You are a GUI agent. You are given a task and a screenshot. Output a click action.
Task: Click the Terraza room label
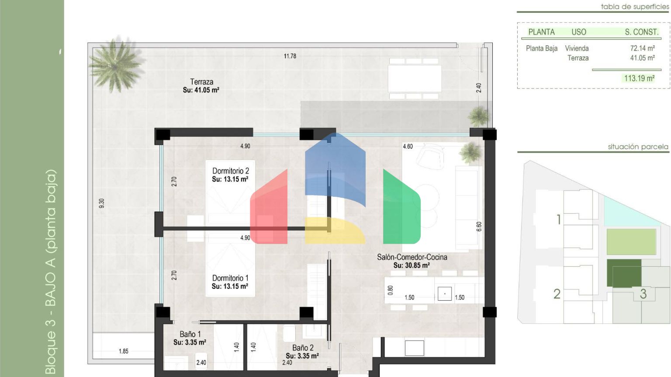point(201,82)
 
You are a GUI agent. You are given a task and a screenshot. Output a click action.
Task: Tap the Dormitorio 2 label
point(231,171)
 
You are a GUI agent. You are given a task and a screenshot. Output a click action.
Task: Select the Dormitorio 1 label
point(230,278)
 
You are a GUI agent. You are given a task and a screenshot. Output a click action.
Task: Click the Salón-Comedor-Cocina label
point(412,257)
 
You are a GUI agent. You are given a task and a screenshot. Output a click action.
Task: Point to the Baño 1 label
point(190,334)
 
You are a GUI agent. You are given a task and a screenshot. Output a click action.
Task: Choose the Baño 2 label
point(303,348)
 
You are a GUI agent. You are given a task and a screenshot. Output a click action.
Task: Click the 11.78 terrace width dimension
point(290,56)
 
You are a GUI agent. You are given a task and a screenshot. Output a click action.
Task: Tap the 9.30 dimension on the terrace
point(101,203)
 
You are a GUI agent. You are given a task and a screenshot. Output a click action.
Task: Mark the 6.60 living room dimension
point(479,226)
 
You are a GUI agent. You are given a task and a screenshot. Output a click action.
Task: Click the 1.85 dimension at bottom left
point(124,351)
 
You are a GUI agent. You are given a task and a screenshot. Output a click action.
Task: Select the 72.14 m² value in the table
point(642,48)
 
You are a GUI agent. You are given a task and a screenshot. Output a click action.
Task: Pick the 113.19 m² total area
point(639,79)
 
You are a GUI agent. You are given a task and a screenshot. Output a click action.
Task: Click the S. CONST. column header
point(641,32)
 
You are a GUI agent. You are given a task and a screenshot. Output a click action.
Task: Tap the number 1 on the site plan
point(559,219)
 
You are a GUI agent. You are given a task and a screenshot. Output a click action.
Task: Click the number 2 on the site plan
point(557,294)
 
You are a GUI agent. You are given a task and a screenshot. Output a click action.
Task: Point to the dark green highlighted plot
point(624,273)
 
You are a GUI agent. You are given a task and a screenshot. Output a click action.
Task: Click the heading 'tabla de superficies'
point(635,7)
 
